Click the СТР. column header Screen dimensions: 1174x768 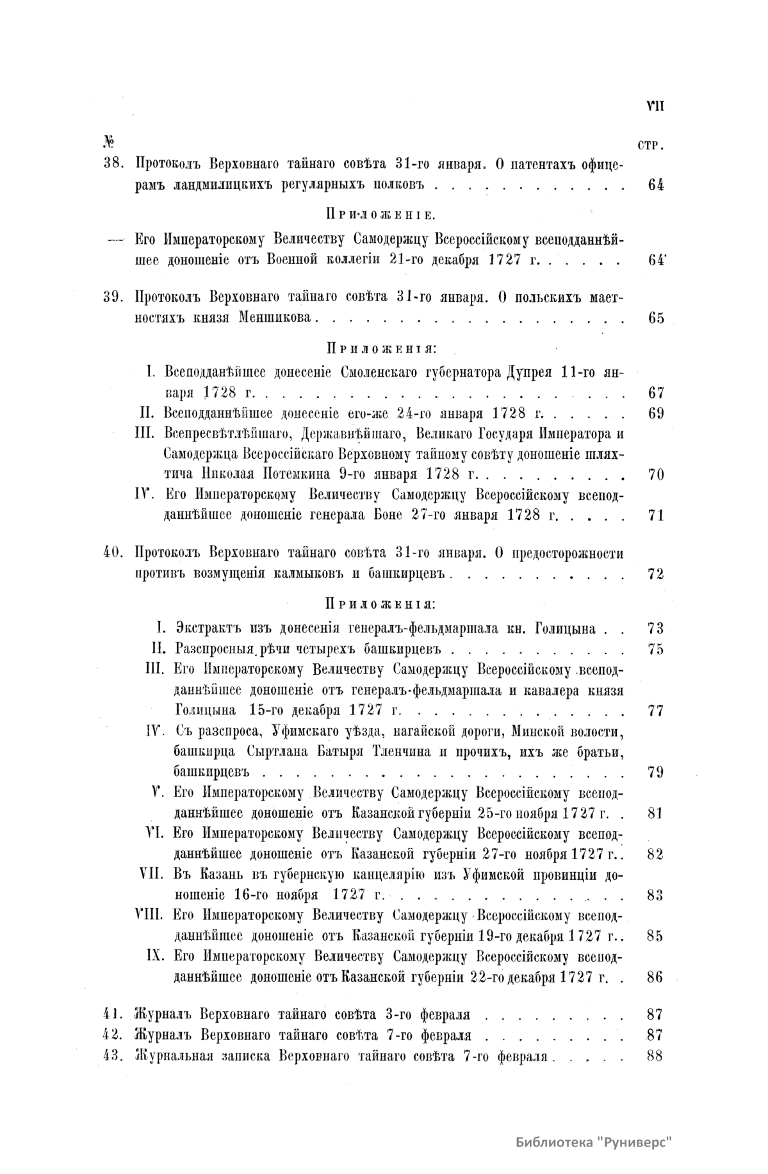coord(651,145)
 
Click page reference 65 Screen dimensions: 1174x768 coord(655,318)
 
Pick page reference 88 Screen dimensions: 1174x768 coord(655,1056)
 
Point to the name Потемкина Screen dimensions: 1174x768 coord(286,475)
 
